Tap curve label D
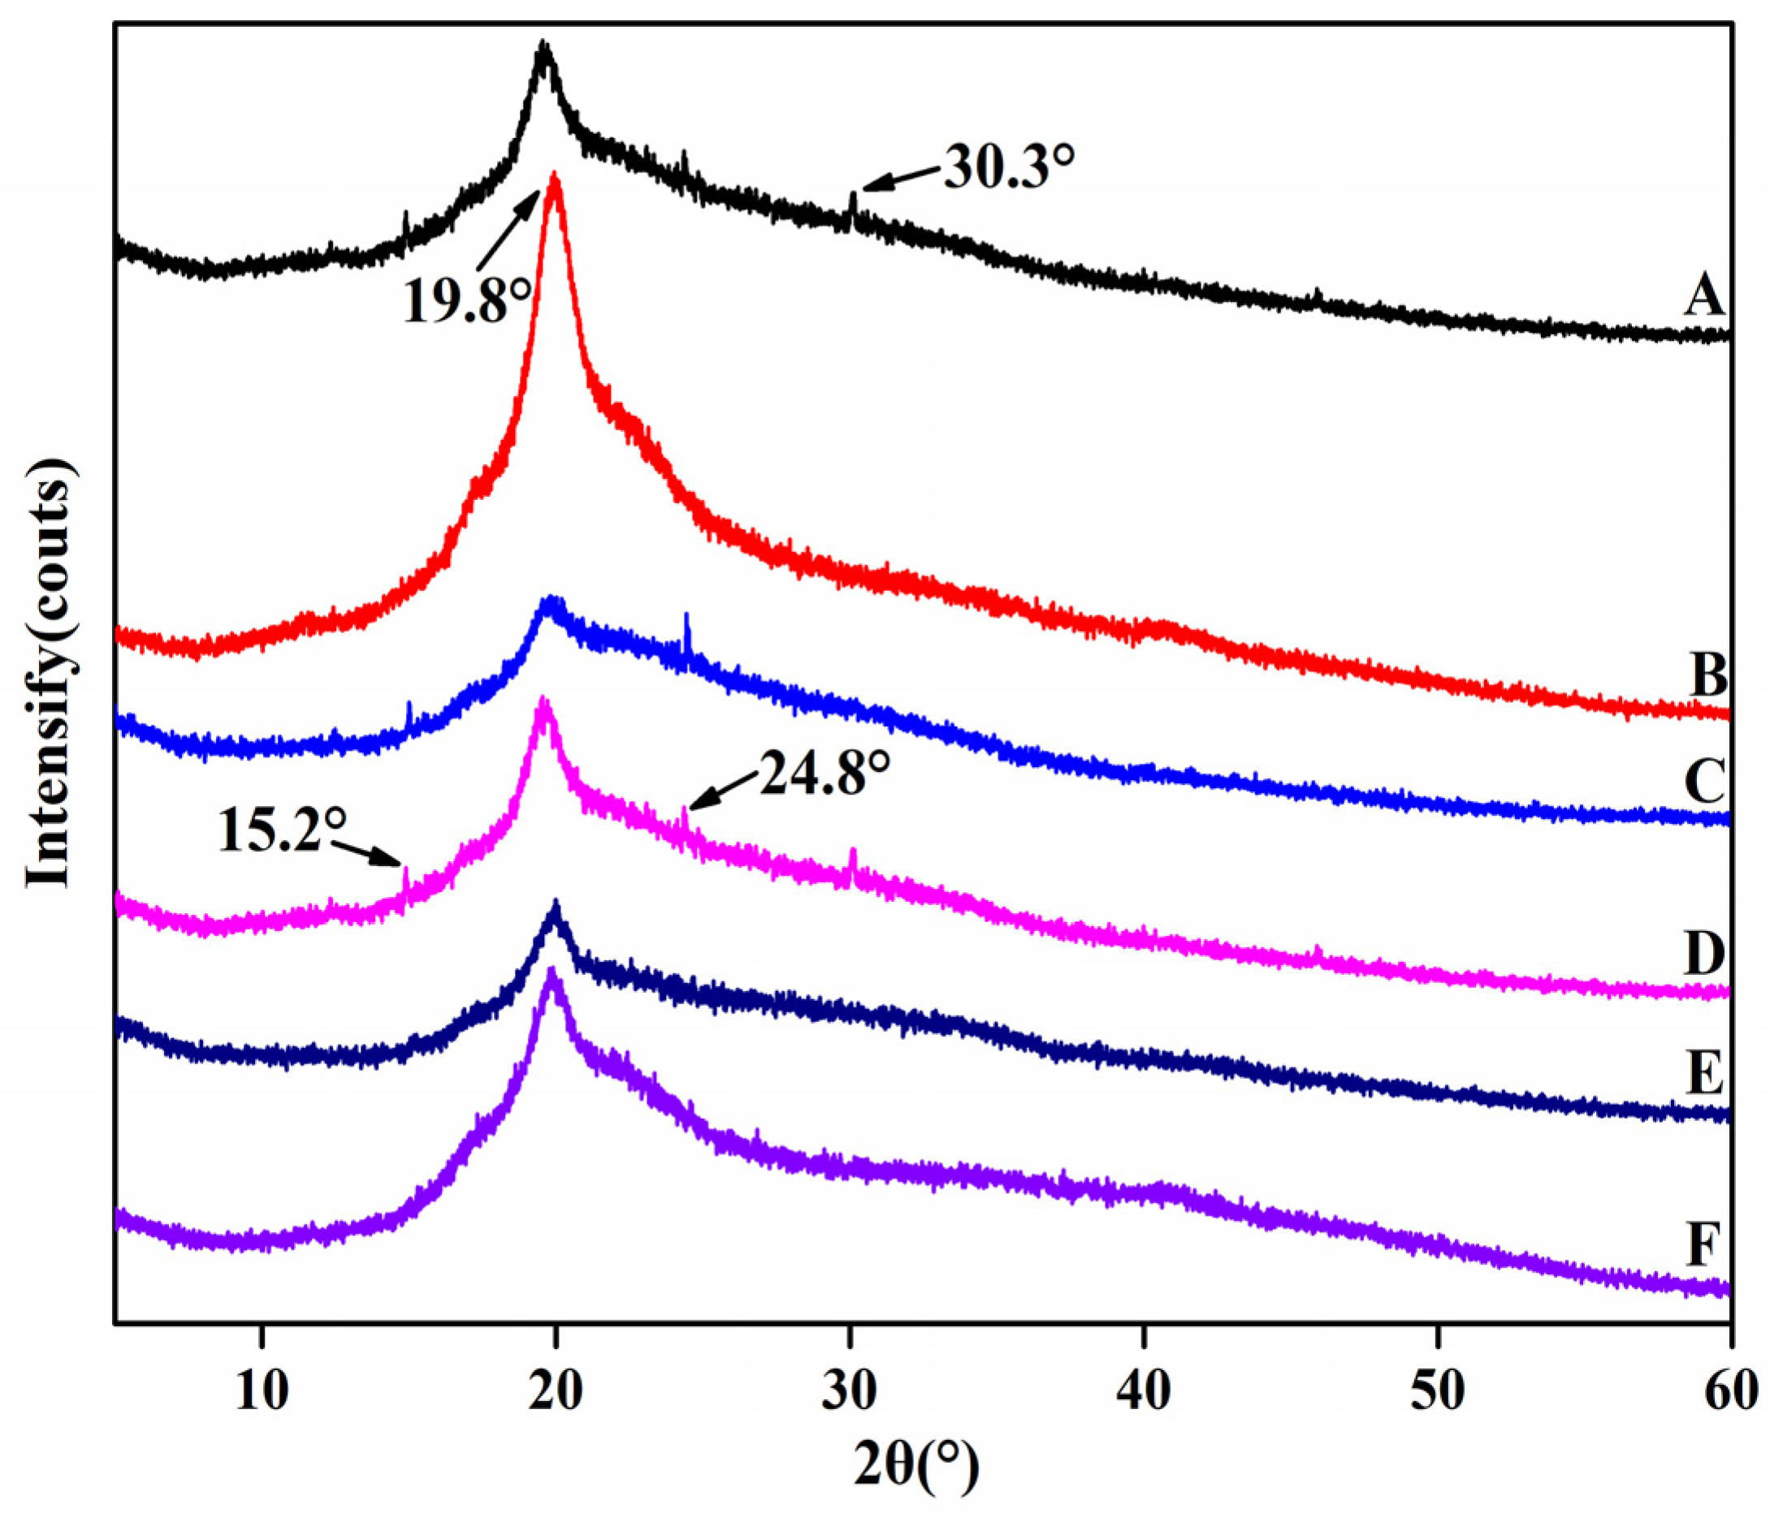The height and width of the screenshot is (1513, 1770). (1705, 954)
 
